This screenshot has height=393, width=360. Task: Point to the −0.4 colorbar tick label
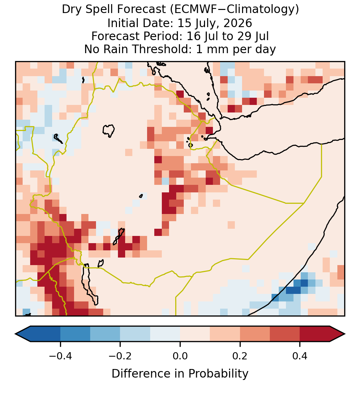coord(60,356)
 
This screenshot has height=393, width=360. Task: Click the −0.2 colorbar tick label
coord(120,356)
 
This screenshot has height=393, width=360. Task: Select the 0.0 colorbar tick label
coord(180,356)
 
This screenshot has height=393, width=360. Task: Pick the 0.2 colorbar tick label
coord(240,356)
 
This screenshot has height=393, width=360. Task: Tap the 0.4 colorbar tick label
coord(300,356)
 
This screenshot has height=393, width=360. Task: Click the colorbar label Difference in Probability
coord(180,374)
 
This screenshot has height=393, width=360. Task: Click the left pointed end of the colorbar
coord(15,334)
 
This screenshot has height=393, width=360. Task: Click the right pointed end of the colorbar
coord(345,334)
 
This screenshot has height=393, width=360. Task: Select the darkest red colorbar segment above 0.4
coord(315,334)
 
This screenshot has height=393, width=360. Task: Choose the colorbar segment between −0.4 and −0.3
coord(75,334)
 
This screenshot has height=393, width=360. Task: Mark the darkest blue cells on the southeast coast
coord(297,288)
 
